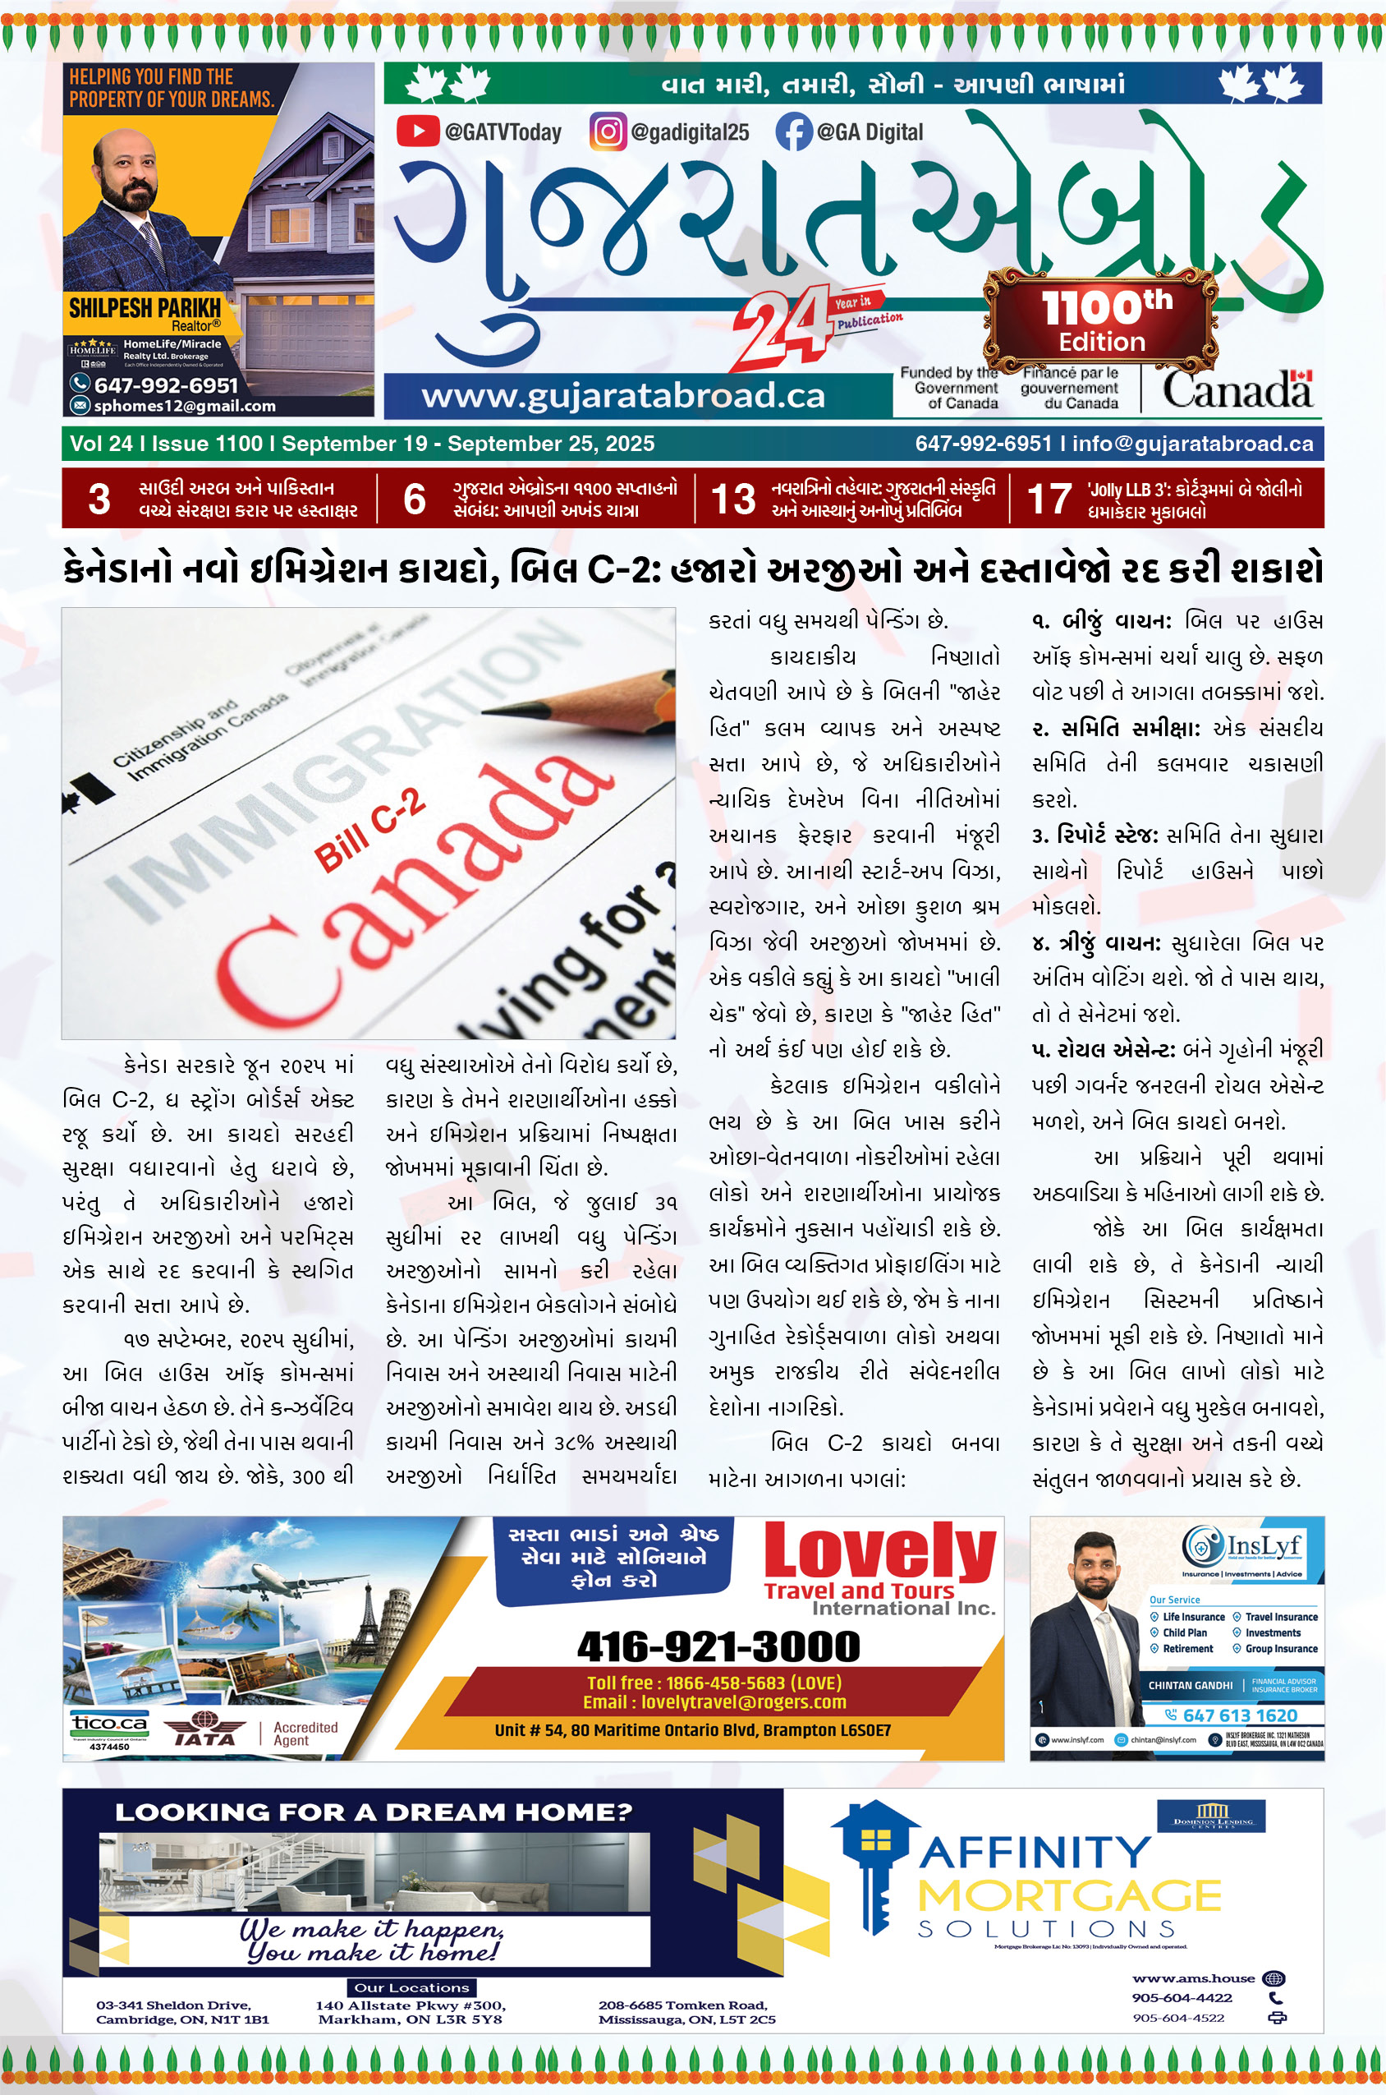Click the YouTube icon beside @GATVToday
pos(417,131)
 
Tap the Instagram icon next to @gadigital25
pos(608,131)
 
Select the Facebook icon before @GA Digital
pos(793,131)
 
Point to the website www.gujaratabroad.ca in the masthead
pos(623,395)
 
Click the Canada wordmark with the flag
pos(1237,389)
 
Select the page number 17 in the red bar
pos(1049,500)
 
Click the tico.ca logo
pos(109,1724)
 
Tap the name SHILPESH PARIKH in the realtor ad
pos(145,308)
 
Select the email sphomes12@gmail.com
pos(185,406)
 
